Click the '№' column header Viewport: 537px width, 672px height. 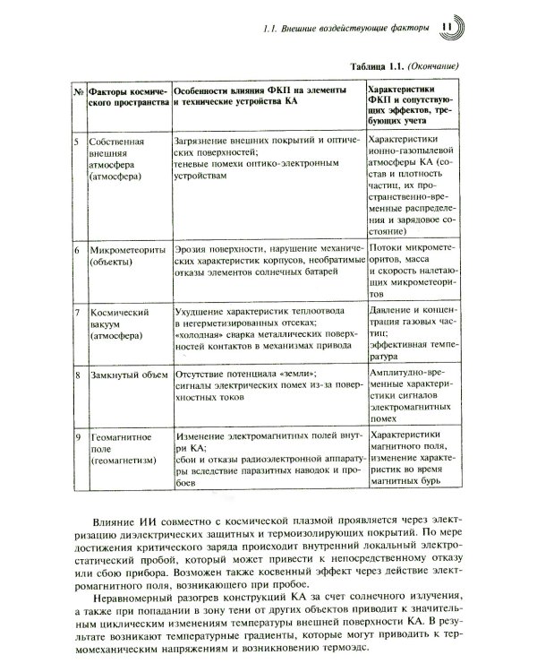pyautogui.click(x=78, y=90)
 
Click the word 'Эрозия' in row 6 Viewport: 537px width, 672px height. pyautogui.click(x=192, y=247)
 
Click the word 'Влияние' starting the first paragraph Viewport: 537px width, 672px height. pyautogui.click(x=115, y=521)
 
